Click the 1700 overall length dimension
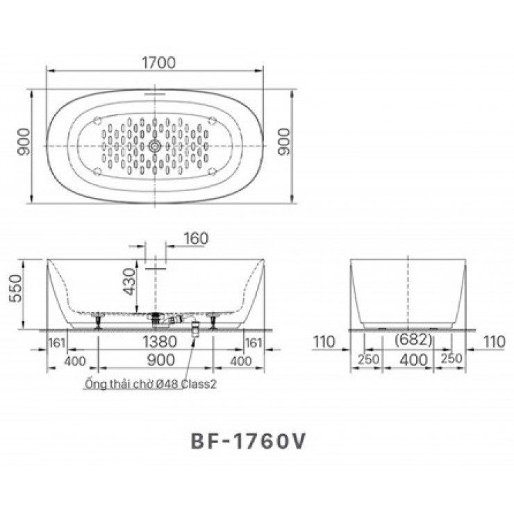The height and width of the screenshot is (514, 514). pos(157,62)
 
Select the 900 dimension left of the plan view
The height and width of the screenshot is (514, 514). pos(24,147)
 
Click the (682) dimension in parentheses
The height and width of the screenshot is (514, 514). pos(413,340)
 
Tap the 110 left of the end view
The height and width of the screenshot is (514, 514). pos(324,342)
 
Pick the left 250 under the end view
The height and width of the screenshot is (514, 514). pos(368,360)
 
